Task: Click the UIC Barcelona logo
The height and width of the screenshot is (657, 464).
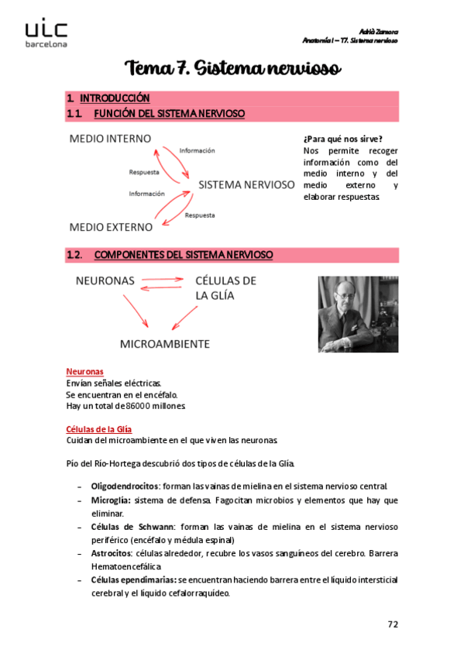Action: coord(46,33)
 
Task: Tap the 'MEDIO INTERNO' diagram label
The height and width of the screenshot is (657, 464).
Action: coord(110,139)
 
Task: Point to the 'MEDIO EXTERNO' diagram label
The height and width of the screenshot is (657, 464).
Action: coord(111,227)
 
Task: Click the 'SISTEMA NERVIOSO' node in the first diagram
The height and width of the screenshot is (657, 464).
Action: coord(246,185)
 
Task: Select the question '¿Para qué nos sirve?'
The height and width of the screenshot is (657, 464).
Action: coord(342,139)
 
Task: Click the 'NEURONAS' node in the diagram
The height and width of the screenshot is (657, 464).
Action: coord(105,280)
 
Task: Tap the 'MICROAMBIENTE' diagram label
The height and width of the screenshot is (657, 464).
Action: coord(164,342)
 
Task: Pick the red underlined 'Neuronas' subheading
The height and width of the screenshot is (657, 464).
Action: coord(85,372)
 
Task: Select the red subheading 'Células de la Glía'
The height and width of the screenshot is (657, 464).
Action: coord(99,428)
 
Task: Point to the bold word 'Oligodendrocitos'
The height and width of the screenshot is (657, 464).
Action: coord(125,486)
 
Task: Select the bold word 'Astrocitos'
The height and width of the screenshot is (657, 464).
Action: coord(110,554)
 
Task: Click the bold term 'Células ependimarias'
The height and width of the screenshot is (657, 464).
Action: coord(133,580)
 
